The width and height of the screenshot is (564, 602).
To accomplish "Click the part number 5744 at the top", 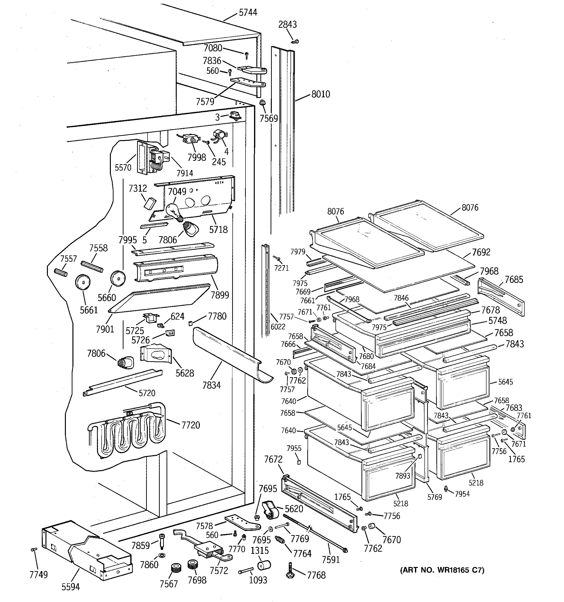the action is pyautogui.click(x=248, y=12).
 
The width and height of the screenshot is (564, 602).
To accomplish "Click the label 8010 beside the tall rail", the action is pyautogui.click(x=321, y=94).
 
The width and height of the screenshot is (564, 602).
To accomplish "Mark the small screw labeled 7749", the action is pyautogui.click(x=34, y=549).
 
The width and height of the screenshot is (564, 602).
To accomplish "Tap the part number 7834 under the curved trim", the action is pyautogui.click(x=211, y=385).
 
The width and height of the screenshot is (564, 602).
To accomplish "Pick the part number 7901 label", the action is pyautogui.click(x=105, y=329).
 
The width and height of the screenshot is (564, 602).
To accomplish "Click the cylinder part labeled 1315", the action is pyautogui.click(x=264, y=565).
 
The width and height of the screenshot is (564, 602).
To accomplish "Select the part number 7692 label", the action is pyautogui.click(x=481, y=252).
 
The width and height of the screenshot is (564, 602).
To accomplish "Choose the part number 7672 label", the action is pyautogui.click(x=273, y=459).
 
